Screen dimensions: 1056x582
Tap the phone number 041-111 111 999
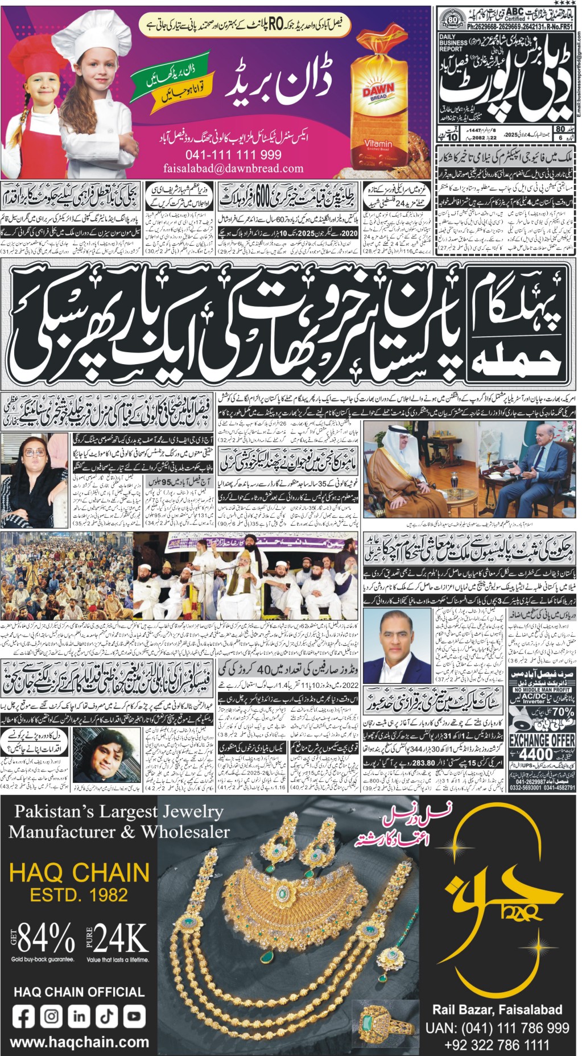(233, 155)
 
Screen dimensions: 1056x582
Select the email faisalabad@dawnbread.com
(233, 168)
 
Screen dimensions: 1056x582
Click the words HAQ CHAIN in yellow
(80, 872)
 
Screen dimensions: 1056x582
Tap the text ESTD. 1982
(79, 895)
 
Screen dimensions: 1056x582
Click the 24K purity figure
(120, 937)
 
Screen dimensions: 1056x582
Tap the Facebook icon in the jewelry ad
(23, 1016)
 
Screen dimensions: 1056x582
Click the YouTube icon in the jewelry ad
(134, 1016)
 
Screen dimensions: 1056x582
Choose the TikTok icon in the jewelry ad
(106, 1016)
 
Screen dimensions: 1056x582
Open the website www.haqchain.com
(80, 1042)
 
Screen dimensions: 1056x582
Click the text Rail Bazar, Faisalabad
(497, 1010)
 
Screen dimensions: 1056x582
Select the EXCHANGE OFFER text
(542, 740)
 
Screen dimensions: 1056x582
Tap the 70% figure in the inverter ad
(563, 712)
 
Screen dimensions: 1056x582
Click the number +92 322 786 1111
(497, 1045)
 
